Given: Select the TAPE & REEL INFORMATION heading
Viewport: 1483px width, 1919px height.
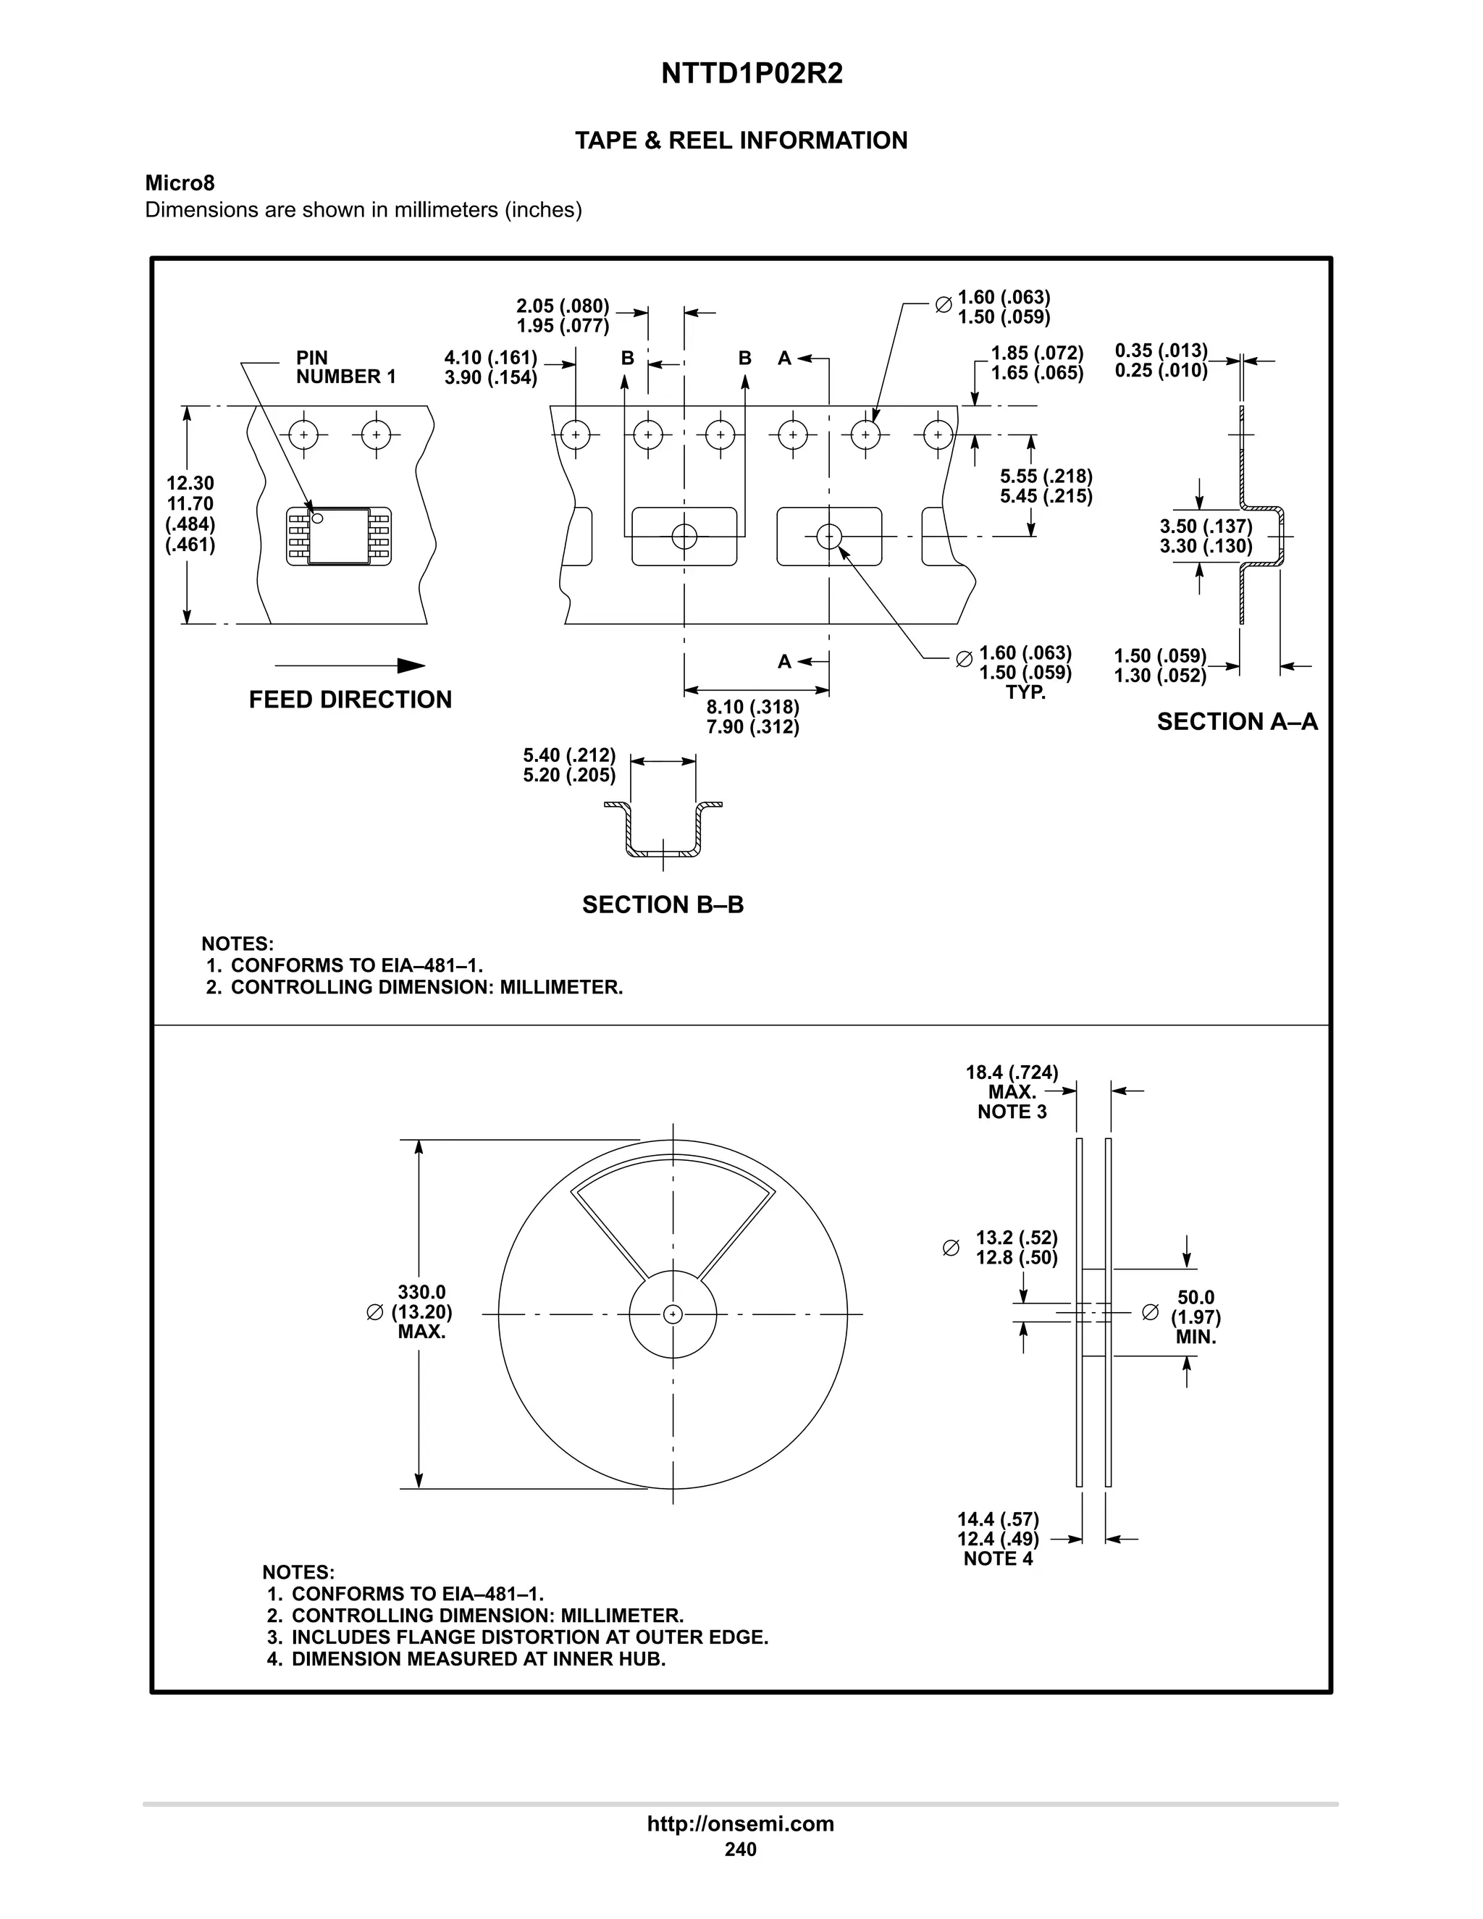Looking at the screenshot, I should [x=741, y=140].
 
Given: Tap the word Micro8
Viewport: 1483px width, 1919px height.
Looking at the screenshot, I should [x=180, y=182].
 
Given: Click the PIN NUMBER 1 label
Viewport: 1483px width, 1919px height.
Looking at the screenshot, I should [x=345, y=367].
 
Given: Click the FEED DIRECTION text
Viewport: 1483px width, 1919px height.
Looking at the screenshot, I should [x=350, y=700].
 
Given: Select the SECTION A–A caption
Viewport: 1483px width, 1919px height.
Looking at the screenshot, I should [x=1236, y=722].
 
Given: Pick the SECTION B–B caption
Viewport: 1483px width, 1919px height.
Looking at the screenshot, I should [x=663, y=905].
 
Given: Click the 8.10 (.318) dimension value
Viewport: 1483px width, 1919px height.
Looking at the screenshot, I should [x=753, y=707].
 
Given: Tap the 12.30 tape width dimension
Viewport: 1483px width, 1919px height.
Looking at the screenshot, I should [x=190, y=483].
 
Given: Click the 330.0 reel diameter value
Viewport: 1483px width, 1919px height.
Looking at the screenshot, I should [x=421, y=1293].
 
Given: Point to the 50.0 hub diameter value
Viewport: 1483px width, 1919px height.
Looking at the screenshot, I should [x=1195, y=1298].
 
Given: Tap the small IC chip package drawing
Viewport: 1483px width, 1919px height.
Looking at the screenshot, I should [x=339, y=536].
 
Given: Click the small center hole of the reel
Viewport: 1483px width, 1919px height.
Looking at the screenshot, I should [x=673, y=1314].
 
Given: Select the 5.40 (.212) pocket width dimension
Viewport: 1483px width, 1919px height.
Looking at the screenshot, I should [x=568, y=755].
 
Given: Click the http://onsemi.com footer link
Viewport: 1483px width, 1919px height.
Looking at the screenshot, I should [x=740, y=1824].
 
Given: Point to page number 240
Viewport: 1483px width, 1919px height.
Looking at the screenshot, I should [x=740, y=1849].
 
